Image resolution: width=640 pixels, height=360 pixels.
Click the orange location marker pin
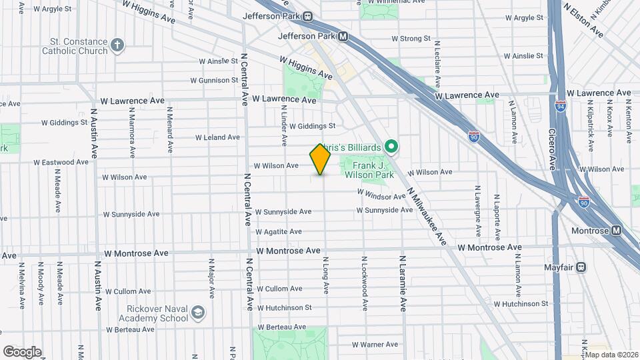321,159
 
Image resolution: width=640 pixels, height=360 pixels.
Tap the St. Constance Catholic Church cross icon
117,45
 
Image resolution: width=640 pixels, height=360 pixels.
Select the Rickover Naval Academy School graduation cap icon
198,312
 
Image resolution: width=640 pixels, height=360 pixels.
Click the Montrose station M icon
616,230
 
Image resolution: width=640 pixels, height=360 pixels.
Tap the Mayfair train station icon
581,267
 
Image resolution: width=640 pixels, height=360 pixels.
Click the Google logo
22,351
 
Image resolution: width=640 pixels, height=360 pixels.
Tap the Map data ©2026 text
611,355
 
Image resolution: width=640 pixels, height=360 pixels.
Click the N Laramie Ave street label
403,283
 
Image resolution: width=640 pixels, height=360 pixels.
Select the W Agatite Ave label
279,232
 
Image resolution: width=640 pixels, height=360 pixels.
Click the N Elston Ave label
585,21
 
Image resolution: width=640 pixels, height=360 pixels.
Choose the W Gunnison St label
214,80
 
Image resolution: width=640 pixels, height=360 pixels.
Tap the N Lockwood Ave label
365,283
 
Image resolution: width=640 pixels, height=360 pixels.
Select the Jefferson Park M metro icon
343,37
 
